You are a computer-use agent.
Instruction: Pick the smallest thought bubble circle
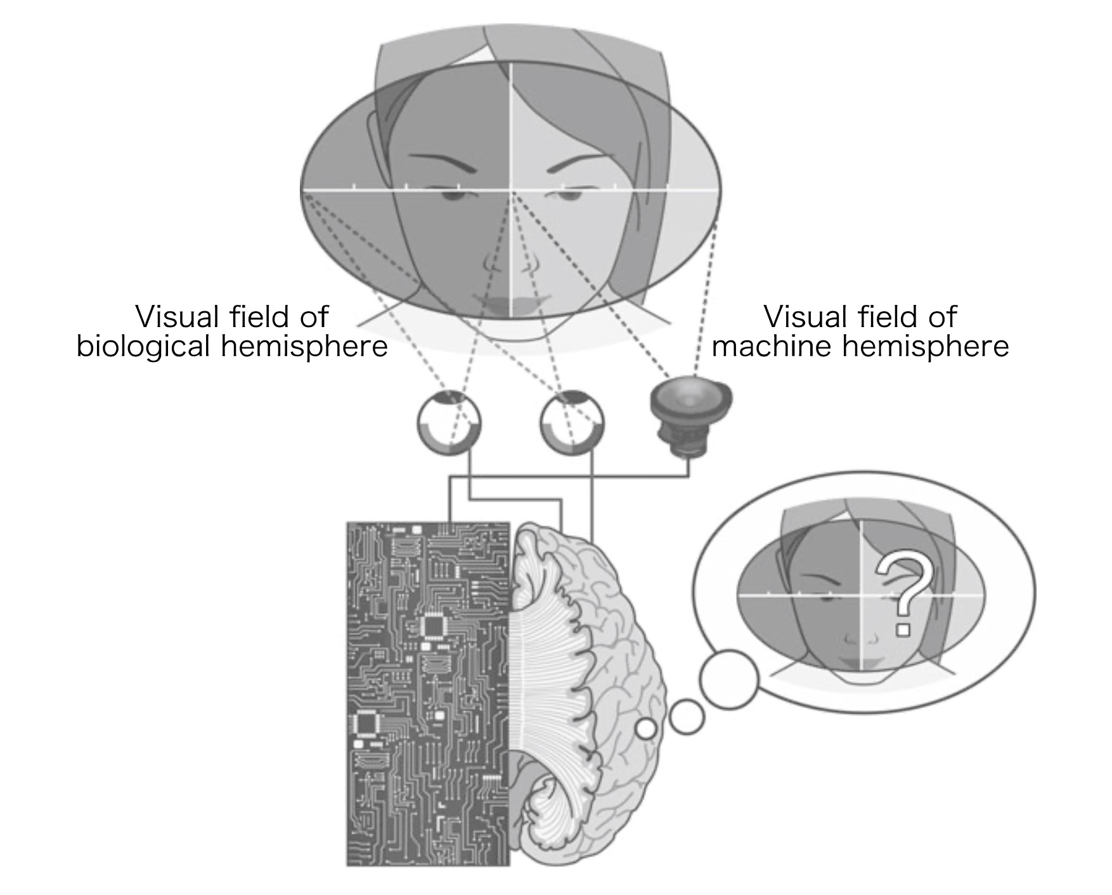(x=646, y=729)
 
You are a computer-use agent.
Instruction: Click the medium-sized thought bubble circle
(x=687, y=717)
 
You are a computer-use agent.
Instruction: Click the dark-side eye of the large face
(x=455, y=193)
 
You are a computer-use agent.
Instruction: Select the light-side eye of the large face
(x=569, y=193)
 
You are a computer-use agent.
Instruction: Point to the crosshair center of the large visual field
(x=511, y=190)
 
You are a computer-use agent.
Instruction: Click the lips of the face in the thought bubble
(x=860, y=660)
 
